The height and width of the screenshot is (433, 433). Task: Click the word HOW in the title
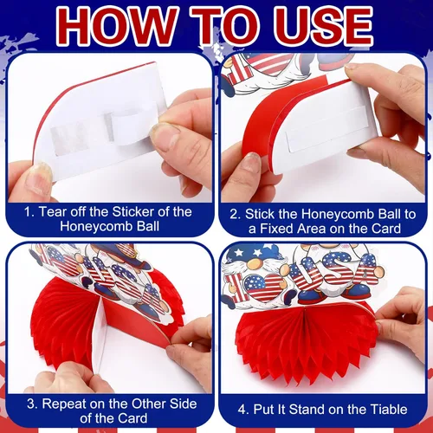pos(117,27)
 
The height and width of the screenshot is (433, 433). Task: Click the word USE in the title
pos(323,27)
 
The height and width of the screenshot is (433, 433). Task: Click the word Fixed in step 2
pos(276,229)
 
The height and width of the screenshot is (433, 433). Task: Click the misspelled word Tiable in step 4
pos(389,410)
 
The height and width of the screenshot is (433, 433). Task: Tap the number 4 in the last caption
pos(242,410)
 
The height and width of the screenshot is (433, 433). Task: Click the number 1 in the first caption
pos(28,212)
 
